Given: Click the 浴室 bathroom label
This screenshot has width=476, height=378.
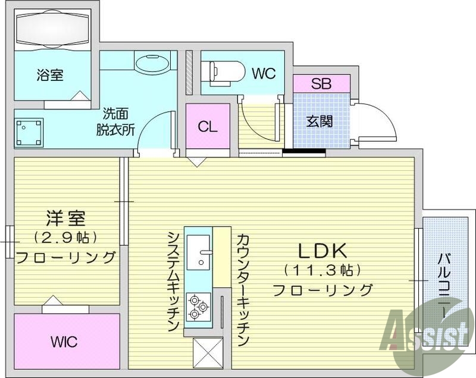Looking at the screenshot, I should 50,75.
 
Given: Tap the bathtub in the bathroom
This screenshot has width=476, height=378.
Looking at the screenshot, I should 52,28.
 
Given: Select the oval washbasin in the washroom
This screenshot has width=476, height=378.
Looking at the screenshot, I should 153,63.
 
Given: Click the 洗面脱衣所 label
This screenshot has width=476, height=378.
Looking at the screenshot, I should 116,122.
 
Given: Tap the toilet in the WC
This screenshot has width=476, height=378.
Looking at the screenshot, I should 226,72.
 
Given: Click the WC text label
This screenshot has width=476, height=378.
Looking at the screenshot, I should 263,74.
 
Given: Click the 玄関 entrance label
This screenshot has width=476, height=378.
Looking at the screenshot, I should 320,121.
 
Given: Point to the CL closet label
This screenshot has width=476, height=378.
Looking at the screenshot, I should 208,126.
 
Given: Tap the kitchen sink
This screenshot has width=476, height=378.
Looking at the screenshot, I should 199,254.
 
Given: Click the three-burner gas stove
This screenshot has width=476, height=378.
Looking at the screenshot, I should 198,307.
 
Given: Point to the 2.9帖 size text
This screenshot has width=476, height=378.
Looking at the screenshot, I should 65,238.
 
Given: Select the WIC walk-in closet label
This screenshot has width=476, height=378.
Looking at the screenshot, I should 64,342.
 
